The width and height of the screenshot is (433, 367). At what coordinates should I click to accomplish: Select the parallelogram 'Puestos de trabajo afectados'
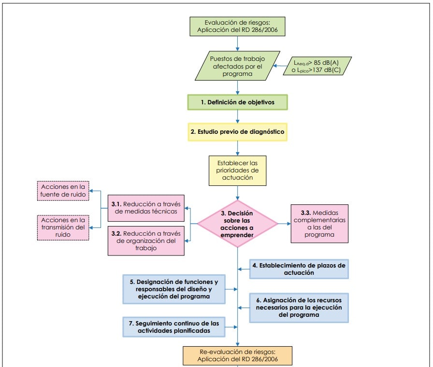point(238,66)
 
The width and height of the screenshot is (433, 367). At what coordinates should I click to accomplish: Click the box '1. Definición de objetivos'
point(238,103)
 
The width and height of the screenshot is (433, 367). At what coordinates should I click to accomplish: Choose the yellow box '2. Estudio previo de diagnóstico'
point(238,131)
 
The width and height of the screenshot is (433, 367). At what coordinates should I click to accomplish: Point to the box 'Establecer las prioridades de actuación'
point(238,170)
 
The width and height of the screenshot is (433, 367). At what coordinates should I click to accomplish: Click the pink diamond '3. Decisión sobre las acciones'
point(238,224)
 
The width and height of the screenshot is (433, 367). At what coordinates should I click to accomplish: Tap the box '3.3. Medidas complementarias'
point(320,224)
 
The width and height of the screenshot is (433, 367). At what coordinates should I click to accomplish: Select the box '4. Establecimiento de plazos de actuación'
point(300,269)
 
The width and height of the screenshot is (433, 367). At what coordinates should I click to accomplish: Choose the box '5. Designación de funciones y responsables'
point(174,289)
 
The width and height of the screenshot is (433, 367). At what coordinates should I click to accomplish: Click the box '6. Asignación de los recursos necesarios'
point(299,307)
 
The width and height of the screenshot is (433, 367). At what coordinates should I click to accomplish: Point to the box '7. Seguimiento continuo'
point(174,326)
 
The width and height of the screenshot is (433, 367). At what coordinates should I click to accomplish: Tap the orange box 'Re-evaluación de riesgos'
point(238,354)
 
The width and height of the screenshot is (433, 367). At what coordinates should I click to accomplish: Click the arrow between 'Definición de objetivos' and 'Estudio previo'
point(238,117)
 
